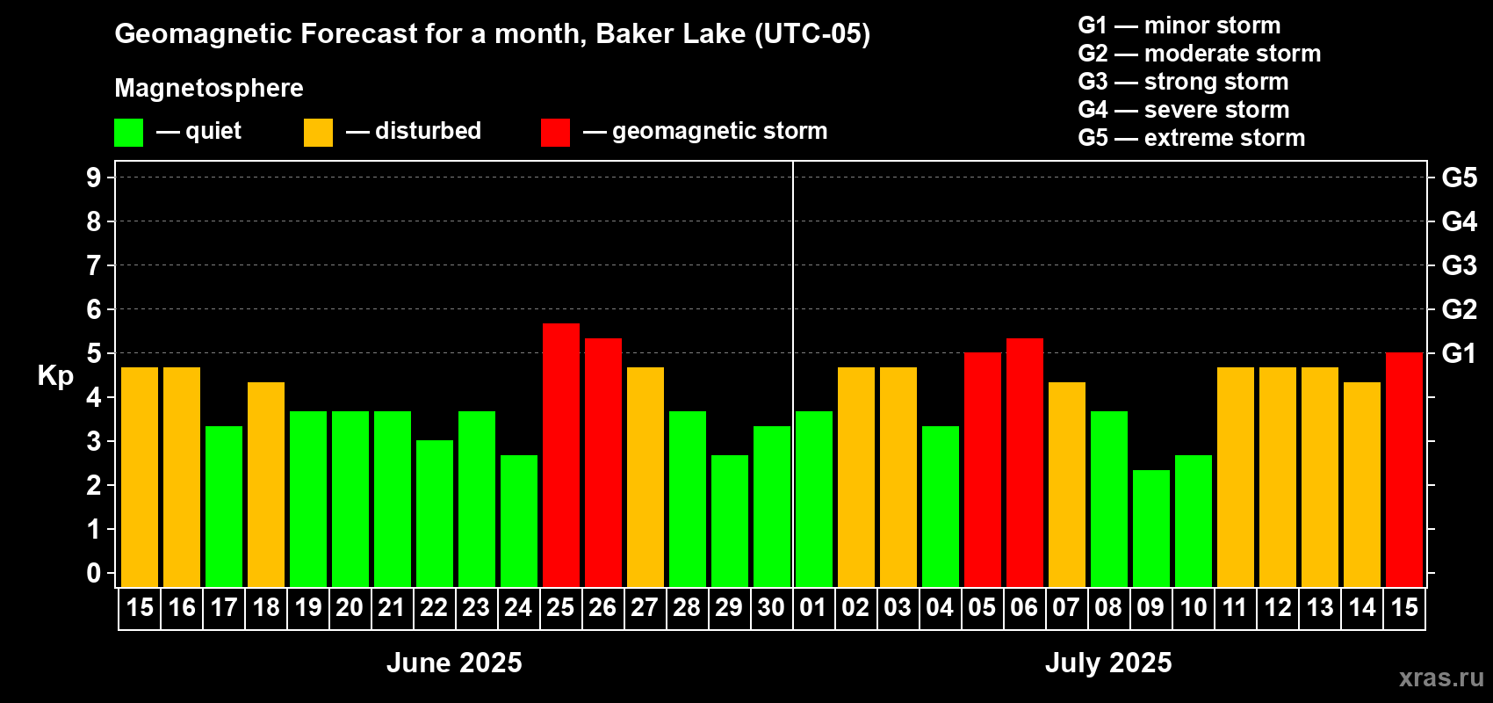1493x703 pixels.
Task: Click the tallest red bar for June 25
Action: pos(561,455)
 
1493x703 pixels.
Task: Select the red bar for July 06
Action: pos(1025,462)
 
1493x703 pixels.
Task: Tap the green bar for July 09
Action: pos(1151,528)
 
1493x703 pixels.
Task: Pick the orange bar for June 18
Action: pos(266,484)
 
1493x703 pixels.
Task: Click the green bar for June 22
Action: pos(435,513)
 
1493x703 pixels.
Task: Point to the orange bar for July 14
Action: pos(1361,484)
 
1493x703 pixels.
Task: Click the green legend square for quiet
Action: pos(128,132)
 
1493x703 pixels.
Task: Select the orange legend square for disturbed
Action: pos(318,132)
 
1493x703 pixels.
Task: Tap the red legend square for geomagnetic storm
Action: pos(555,132)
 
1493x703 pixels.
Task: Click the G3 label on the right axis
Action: pos(1460,265)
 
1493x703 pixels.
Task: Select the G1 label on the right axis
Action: pos(1460,353)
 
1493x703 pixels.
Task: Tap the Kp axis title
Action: pos(55,376)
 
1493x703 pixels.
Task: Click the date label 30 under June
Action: pos(771,607)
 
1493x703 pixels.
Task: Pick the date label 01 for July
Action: pos(813,607)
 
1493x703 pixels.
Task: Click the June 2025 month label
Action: pos(455,663)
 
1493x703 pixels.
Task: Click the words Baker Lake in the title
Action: pos(670,34)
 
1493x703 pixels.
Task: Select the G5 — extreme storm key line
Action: pos(1192,138)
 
